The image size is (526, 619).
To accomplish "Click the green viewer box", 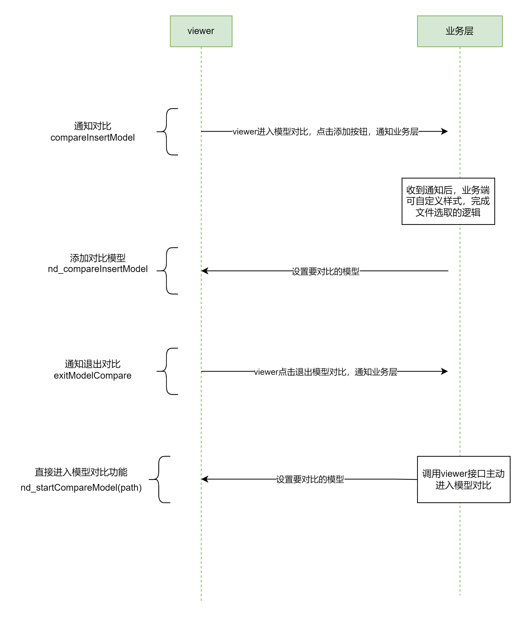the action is click(201, 31).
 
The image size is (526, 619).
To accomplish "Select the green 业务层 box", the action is click(460, 31).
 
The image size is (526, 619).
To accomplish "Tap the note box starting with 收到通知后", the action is click(448, 201).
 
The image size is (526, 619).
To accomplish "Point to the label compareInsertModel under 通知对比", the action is click(92, 138).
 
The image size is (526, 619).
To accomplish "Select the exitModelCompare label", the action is click(92, 375).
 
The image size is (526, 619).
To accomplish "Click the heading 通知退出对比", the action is click(92, 364).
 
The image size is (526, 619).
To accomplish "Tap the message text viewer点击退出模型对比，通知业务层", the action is click(326, 372).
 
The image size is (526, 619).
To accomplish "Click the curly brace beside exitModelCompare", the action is click(166, 371).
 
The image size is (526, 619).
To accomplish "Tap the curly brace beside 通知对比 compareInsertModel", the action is click(166, 132).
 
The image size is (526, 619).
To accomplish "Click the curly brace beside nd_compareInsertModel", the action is click(166, 271).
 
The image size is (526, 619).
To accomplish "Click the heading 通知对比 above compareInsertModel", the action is click(92, 126).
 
